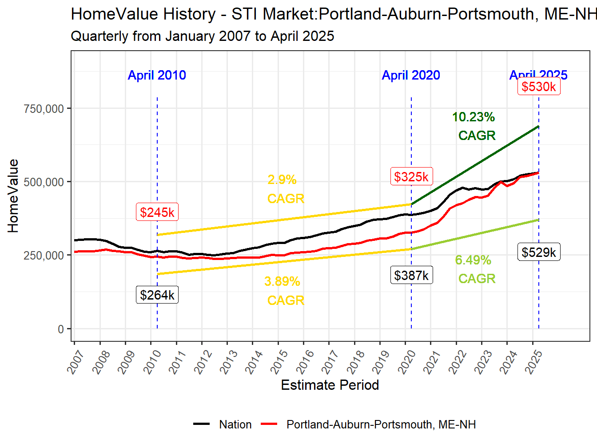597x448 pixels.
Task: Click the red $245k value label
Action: (157, 212)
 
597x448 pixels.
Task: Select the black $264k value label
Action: (157, 295)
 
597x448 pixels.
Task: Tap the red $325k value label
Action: (411, 177)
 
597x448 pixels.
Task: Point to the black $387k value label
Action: (411, 276)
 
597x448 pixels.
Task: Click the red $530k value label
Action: (539, 87)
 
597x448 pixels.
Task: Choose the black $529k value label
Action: (539, 252)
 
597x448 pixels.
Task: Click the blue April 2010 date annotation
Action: (157, 75)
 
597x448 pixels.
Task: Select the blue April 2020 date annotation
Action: (411, 75)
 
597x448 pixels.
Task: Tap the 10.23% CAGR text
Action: (474, 126)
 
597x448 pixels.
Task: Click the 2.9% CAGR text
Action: (285, 189)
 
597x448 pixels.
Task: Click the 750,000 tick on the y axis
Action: (44, 109)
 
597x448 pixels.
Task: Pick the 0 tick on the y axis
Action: (61, 329)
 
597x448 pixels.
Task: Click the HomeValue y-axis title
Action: (13, 196)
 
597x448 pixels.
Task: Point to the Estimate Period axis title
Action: (330, 385)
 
